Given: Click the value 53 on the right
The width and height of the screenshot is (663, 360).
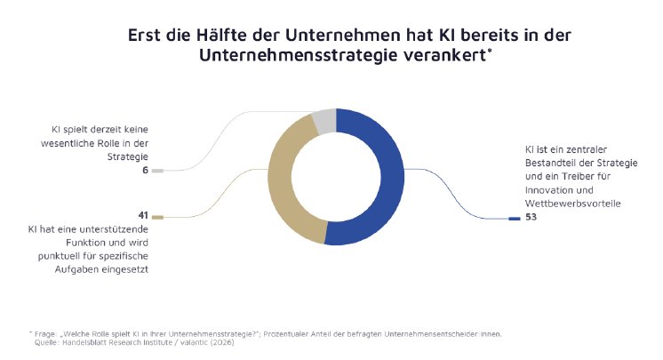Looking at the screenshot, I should (531, 216).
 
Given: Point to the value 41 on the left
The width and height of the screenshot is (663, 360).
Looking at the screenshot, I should (142, 216).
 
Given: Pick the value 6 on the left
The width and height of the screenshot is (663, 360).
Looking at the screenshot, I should (145, 170).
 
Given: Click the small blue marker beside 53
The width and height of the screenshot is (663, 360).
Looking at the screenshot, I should (514, 217).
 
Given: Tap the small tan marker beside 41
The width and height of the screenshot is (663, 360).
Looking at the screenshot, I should (157, 216).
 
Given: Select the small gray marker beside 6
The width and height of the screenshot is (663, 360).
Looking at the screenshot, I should (157, 170).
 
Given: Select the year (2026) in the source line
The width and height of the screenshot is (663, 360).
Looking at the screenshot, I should (220, 340).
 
